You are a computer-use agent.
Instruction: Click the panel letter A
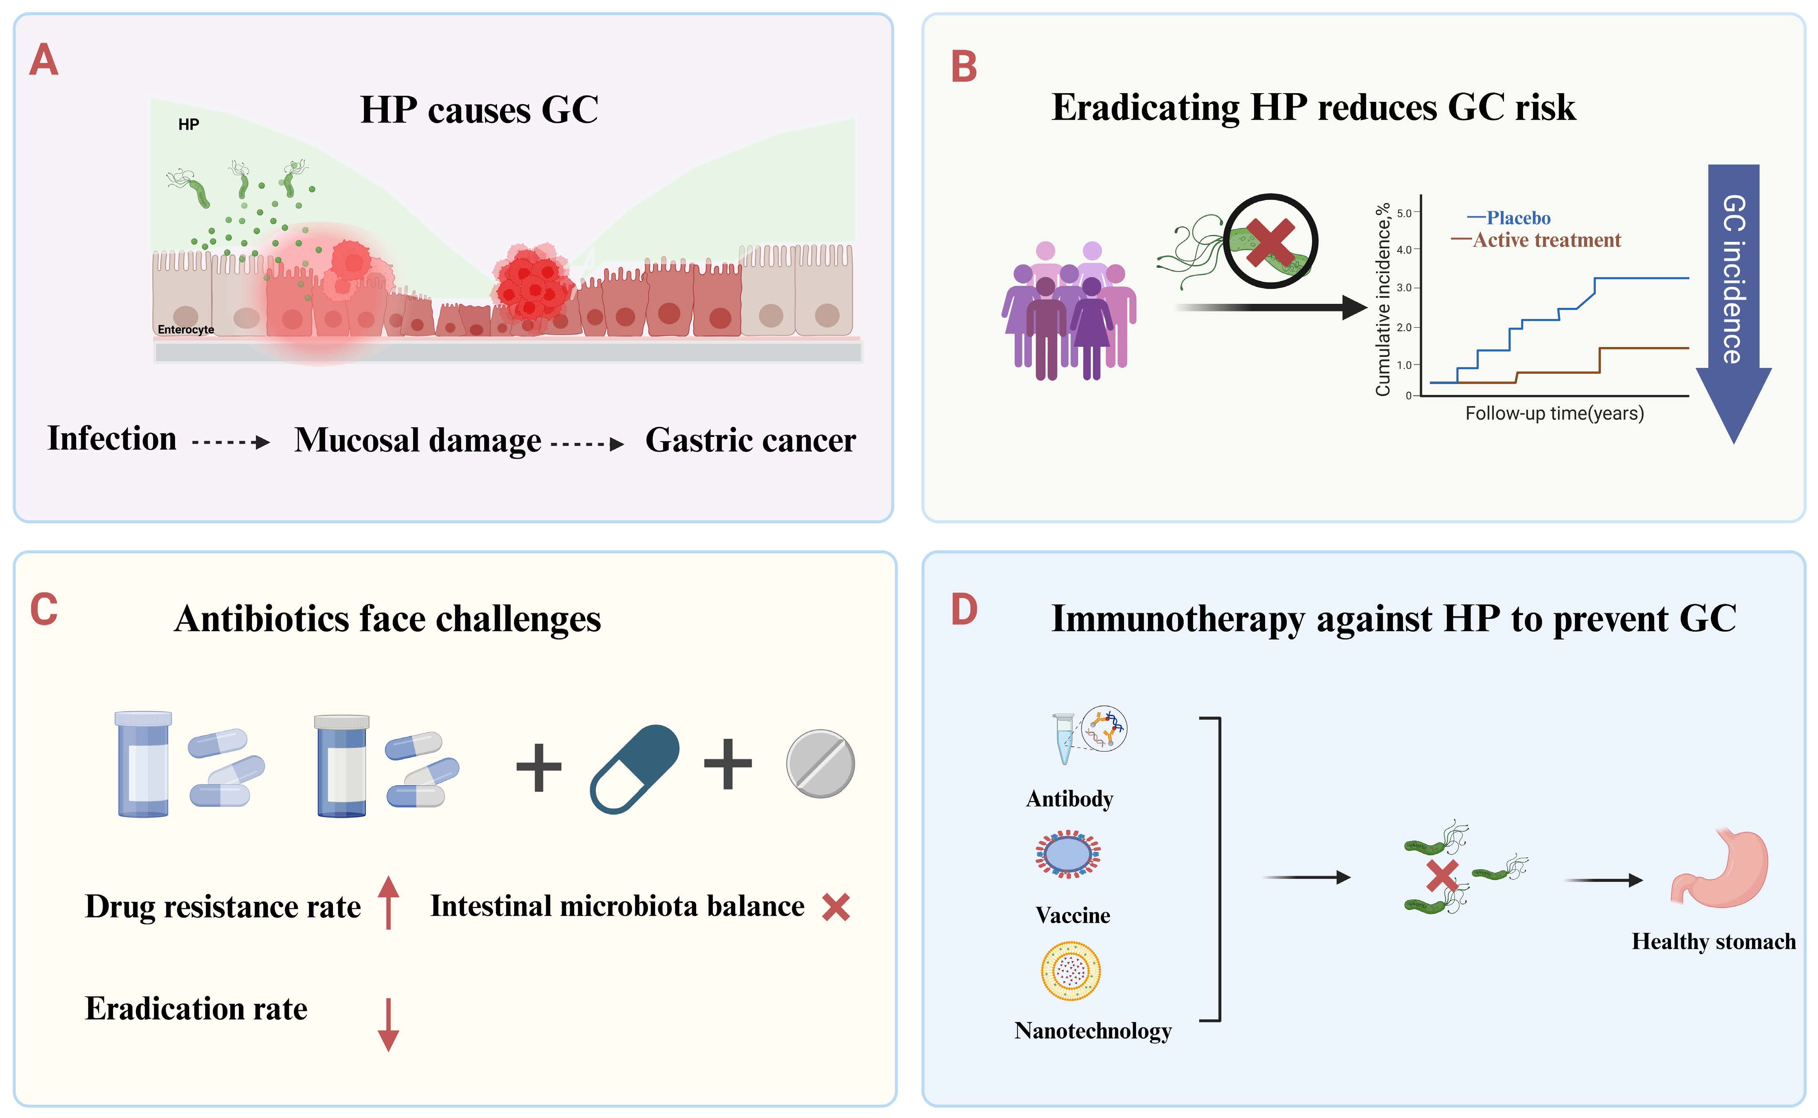coord(43,60)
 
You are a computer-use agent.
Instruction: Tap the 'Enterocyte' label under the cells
coord(185,330)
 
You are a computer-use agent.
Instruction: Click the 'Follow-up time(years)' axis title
coord(1555,414)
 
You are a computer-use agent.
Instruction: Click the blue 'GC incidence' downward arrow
coord(1734,303)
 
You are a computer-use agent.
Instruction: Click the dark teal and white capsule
coord(634,769)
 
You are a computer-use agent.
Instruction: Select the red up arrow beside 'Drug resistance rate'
coord(388,902)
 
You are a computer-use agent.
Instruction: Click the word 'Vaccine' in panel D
coord(1073,916)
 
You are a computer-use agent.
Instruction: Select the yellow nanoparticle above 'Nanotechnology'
coord(1070,971)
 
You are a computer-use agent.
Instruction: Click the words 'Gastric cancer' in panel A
coord(750,441)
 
